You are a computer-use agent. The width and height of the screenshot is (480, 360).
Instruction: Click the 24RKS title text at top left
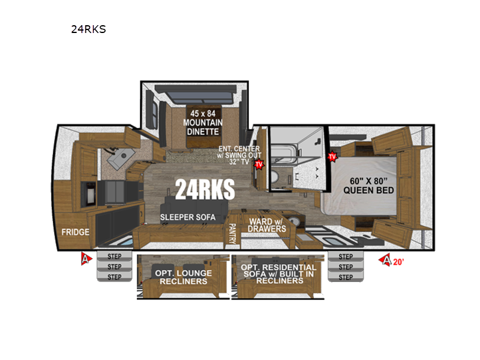88,29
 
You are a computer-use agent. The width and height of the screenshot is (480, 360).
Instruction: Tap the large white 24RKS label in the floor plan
205,189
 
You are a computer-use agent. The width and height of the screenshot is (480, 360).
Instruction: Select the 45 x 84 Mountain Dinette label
203,122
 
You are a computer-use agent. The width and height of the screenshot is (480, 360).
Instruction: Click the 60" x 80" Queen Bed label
368,185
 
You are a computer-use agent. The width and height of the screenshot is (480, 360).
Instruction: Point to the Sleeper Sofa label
188,217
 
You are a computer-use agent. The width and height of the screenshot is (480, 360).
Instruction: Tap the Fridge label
76,232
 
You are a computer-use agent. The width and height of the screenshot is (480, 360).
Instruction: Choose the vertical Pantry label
232,233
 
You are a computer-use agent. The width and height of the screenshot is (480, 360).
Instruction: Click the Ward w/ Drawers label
266,226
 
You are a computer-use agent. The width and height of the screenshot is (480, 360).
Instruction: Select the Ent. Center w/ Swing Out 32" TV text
239,155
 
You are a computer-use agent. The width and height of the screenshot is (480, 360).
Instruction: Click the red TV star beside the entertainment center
259,164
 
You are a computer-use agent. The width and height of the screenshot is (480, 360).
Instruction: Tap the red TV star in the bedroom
332,157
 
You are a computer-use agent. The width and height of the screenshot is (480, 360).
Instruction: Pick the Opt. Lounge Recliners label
184,277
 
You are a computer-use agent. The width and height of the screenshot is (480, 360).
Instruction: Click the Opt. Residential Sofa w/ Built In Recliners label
278,274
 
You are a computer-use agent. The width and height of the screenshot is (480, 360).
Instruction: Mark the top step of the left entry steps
115,256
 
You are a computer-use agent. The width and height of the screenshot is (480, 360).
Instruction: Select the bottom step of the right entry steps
346,277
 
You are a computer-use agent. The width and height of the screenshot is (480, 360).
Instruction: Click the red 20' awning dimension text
398,262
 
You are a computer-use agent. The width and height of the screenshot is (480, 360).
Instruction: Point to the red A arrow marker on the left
86,259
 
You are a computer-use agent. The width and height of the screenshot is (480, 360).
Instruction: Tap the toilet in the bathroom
274,176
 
